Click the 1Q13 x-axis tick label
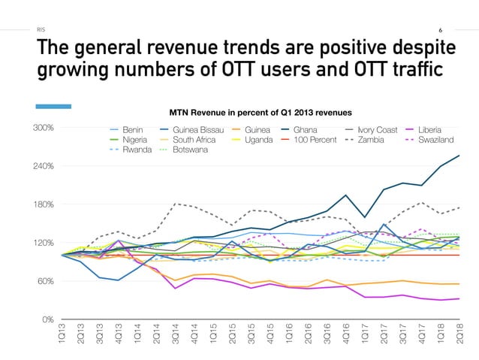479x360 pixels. coord(62,336)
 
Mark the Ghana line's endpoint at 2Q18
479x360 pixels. coord(459,156)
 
